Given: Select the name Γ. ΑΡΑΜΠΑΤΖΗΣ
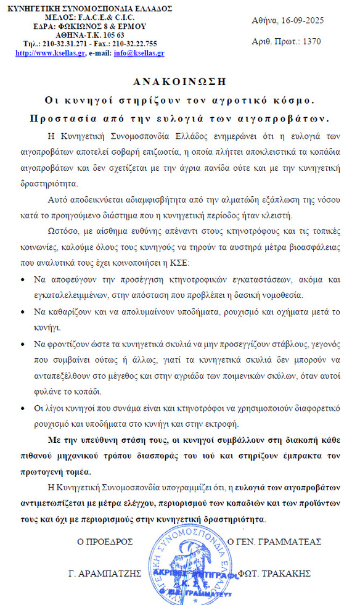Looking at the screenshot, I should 105,573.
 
